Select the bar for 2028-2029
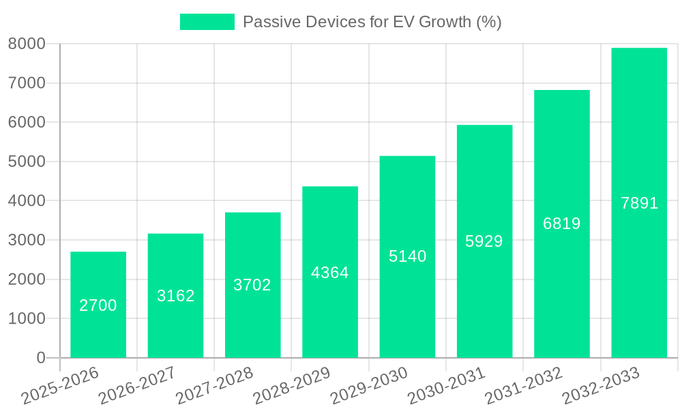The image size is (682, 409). point(330,272)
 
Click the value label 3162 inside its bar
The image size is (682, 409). point(176,296)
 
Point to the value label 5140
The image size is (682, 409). point(407,256)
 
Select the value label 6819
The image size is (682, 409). point(562,224)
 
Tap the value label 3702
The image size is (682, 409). point(252,285)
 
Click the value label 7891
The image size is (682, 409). point(639,203)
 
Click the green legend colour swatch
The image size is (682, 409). point(207,22)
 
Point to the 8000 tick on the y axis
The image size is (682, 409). point(27,44)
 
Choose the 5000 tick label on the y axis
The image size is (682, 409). point(27,162)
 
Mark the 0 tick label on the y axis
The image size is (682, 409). point(40,358)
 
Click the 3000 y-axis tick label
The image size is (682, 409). point(27,240)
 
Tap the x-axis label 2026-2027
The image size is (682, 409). point(137,386)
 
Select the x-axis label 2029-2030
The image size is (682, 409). point(369,386)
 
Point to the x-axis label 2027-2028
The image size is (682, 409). point(214,386)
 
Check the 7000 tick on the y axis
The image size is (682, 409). point(27,83)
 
